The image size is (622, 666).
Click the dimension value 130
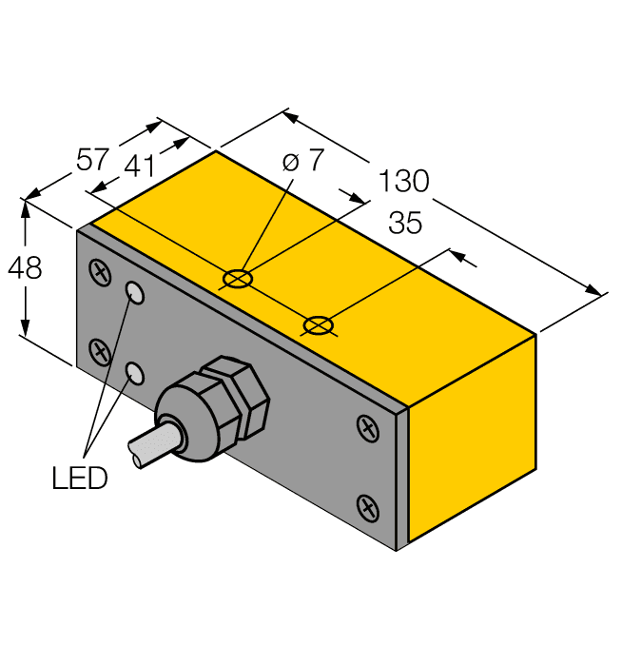pos(404,180)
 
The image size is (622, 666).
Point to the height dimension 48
pos(25,268)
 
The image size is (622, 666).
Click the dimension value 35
pos(406,224)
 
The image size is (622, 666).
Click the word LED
pos(80,478)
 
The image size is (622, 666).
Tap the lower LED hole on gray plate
pos(137,372)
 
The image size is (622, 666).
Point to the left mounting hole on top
pos(237,280)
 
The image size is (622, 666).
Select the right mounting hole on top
pos(319,326)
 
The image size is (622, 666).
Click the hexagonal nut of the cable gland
pos(238,395)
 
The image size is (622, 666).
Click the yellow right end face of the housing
pos(473,438)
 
